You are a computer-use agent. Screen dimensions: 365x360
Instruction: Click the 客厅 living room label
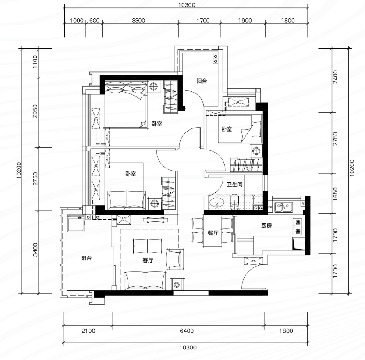click(148, 260)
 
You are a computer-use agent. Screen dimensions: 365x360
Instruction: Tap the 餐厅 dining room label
click(213, 233)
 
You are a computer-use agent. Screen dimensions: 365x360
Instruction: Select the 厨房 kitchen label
click(266, 225)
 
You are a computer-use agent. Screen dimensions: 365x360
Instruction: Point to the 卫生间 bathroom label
click(235, 185)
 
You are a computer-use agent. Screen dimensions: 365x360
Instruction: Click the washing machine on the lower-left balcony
click(76, 223)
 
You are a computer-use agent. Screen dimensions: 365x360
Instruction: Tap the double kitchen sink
click(283, 207)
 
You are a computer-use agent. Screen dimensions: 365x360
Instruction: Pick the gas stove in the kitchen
click(298, 227)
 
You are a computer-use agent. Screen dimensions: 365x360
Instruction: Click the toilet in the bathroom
click(234, 202)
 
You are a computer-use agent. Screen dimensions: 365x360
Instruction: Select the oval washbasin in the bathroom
click(217, 203)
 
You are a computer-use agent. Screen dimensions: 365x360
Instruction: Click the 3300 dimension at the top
click(138, 21)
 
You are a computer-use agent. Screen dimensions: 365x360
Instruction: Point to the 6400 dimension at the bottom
click(187, 331)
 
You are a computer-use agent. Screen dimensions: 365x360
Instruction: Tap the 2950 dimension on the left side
click(35, 111)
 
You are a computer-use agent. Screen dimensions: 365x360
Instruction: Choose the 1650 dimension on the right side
click(335, 194)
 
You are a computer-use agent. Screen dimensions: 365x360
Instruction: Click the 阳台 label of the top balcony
click(202, 81)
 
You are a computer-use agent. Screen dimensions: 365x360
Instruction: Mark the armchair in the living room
click(174, 259)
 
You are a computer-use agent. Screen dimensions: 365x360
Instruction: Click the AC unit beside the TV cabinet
click(124, 220)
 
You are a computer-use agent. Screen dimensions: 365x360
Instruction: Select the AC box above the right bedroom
click(238, 102)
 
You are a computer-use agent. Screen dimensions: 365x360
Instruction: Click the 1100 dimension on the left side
click(35, 61)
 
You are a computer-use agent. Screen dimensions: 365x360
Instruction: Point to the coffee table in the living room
click(148, 246)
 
